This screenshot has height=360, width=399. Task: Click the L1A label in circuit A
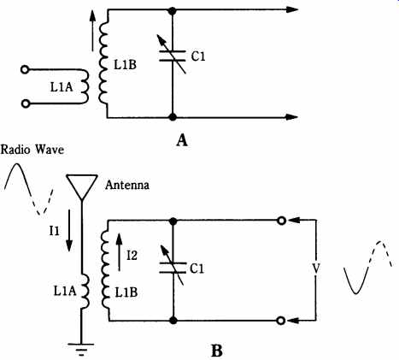[x=62, y=87]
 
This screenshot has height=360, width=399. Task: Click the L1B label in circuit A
[x=126, y=65]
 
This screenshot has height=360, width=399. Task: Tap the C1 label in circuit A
[x=198, y=56]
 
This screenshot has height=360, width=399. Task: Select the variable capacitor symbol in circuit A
[x=172, y=56]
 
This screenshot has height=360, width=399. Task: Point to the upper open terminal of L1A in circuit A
[x=25, y=70]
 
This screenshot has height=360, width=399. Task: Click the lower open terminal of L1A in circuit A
[x=26, y=104]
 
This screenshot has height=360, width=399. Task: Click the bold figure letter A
[x=182, y=140]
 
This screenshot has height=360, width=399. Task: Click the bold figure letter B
[x=217, y=351]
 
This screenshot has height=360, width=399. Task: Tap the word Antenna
[x=127, y=185]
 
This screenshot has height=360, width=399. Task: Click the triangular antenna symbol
[x=82, y=186]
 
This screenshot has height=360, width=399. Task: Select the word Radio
[x=15, y=150]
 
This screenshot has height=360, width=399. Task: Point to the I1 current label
[x=54, y=231]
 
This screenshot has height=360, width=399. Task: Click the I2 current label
[x=132, y=256]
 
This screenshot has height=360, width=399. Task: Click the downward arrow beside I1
[x=69, y=231]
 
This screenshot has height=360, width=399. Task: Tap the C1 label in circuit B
[x=197, y=269]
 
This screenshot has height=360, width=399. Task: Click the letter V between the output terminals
[x=316, y=269]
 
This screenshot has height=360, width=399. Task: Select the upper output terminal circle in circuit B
[x=281, y=221]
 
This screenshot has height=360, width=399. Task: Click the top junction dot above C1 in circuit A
[x=172, y=11]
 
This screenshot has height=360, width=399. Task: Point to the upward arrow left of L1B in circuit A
[x=92, y=31]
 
